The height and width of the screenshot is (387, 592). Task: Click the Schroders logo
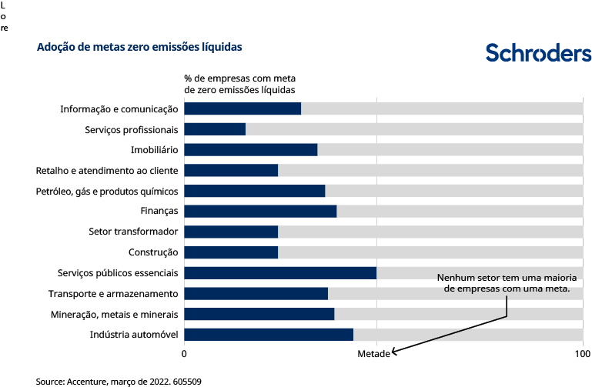point(538,52)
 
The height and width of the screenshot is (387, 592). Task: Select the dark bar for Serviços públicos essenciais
point(280,273)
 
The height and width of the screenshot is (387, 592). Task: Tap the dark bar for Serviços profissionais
point(215,129)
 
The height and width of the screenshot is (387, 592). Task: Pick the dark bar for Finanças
point(260,212)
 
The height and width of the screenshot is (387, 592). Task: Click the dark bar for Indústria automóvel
point(269,335)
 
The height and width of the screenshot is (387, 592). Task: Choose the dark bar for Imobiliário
point(251,150)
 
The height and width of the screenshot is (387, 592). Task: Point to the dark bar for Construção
point(231,252)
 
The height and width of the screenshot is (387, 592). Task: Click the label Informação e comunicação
point(119,109)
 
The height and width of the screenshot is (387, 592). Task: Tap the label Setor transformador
point(134,232)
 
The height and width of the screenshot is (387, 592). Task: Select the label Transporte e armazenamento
point(113,294)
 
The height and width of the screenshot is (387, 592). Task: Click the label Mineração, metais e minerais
point(115,314)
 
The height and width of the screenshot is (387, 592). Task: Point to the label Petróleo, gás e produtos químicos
point(107,191)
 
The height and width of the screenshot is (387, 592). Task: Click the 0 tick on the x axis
point(184,353)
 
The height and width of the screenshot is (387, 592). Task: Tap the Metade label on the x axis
point(373,353)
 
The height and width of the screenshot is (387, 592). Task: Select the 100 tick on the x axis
point(583,353)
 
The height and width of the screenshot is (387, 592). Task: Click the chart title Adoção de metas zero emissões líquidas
point(139,47)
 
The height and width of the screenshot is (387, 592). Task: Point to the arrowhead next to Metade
point(394,352)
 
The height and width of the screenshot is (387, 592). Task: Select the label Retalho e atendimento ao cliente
point(107,170)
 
